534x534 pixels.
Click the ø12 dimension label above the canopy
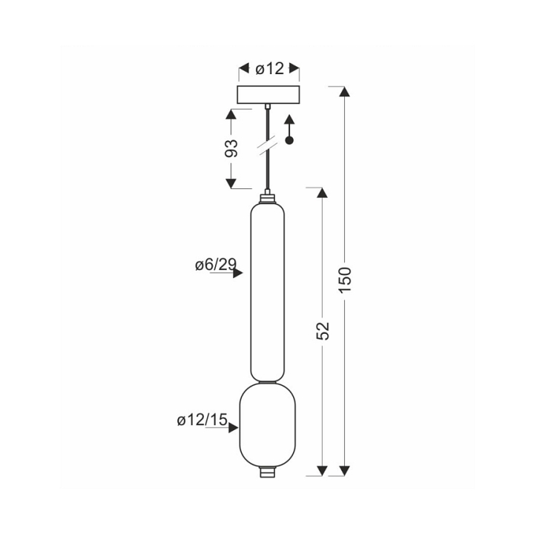(269, 69)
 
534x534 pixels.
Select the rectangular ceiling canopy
(268, 95)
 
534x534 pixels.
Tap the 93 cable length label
(231, 148)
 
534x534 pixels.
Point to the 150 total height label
(345, 280)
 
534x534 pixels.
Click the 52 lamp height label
(323, 330)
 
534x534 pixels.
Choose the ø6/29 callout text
(216, 264)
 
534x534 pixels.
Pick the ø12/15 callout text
(202, 420)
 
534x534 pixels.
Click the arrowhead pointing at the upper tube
(238, 273)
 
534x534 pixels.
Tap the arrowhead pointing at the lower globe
(234, 428)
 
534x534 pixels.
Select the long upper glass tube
(267, 292)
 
